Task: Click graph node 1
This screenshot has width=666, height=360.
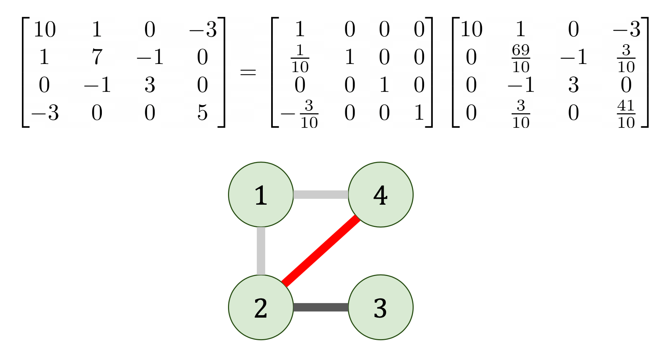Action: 261,195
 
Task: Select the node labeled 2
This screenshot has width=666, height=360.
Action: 261,307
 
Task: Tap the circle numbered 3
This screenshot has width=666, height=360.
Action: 380,307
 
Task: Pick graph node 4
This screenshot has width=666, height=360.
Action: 380,195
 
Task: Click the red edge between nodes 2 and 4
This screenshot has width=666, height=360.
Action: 320,251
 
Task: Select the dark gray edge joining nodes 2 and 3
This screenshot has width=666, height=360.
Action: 320,307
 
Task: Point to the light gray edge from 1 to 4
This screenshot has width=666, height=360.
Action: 320,195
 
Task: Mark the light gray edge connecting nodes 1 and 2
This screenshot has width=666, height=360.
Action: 261,251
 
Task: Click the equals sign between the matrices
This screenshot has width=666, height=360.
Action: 248,72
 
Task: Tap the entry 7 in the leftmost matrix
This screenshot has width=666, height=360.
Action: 97,57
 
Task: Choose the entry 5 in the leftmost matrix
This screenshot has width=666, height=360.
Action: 202,113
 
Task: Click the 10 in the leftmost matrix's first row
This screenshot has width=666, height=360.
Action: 44,29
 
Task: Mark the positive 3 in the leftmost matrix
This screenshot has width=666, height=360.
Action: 150,85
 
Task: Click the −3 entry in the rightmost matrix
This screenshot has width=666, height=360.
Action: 626,29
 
